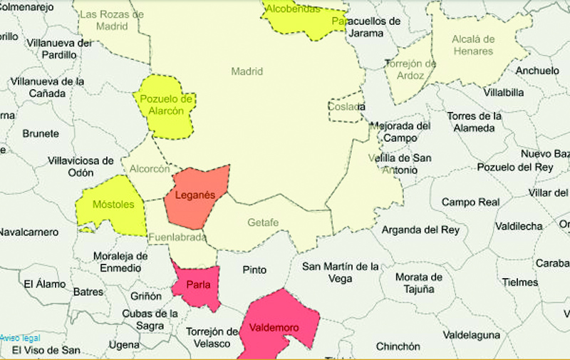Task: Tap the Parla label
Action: coord(197,286)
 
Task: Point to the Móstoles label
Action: coord(114,205)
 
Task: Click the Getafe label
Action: coord(263,222)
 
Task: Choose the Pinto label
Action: coord(254,270)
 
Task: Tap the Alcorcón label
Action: coord(150,169)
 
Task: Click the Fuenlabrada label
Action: coord(177,237)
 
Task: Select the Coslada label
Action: coord(346,107)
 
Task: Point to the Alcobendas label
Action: coord(291,9)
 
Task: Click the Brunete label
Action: coord(41,133)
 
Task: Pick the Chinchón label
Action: coord(398,346)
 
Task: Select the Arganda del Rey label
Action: coord(420,230)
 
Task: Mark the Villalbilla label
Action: coord(503,93)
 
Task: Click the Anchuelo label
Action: coord(537,71)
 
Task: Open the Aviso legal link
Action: coord(20,337)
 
